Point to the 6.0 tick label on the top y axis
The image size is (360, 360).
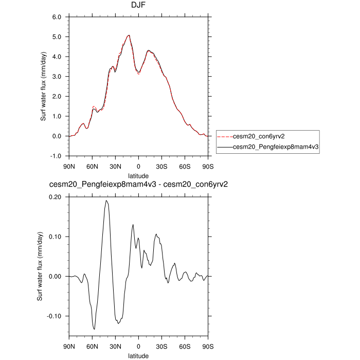(x=57, y=17)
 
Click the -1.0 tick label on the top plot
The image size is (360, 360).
(x=56, y=156)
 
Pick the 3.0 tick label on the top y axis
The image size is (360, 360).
(x=57, y=77)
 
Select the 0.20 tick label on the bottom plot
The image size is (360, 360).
(x=55, y=197)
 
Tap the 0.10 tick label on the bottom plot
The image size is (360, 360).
(x=55, y=237)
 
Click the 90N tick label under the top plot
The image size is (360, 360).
(x=69, y=167)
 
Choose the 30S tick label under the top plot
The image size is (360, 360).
(x=162, y=167)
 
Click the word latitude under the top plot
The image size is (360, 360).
(x=139, y=176)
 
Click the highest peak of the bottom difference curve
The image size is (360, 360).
(x=106, y=201)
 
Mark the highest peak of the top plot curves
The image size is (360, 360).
(x=129, y=35)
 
